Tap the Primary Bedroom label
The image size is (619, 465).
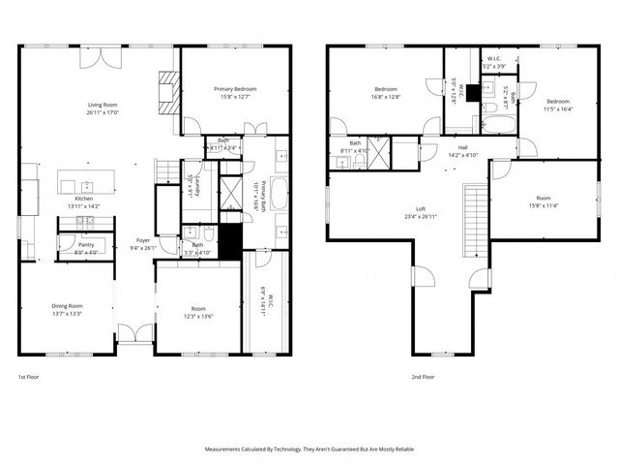(235, 88)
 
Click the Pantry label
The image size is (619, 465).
(85, 245)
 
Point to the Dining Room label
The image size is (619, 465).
(67, 306)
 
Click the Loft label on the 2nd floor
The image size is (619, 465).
(421, 209)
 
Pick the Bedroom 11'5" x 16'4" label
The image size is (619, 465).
(558, 102)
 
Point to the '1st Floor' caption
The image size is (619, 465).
(29, 377)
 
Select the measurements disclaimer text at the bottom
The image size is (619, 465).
(309, 449)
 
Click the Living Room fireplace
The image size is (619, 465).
(169, 93)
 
